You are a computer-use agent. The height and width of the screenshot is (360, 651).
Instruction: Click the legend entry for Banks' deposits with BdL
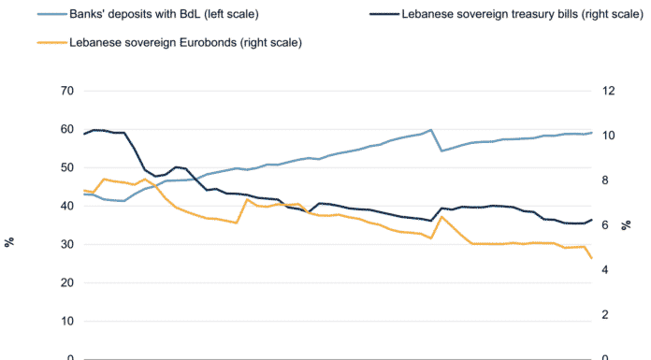[164, 14]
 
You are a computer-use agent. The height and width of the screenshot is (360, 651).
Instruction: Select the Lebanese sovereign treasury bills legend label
[522, 14]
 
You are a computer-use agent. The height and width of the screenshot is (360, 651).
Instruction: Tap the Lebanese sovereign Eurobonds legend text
[185, 43]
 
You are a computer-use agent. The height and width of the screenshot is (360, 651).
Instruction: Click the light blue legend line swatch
[52, 14]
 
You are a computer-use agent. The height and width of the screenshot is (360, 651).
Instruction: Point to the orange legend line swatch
[52, 43]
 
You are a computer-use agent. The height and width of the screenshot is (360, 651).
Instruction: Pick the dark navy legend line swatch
[384, 14]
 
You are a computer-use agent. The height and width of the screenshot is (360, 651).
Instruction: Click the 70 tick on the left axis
[67, 91]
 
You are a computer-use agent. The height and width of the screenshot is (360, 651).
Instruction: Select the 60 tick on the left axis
[67, 129]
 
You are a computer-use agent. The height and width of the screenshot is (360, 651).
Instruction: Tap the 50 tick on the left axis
[67, 167]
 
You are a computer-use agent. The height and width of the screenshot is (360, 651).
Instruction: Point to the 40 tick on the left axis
[67, 206]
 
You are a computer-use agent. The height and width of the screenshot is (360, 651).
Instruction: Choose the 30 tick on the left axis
[67, 244]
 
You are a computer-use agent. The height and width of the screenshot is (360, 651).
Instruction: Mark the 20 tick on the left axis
[67, 282]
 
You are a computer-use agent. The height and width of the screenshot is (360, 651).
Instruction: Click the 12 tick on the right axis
[608, 91]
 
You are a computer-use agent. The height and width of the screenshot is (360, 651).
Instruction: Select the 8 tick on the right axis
[605, 180]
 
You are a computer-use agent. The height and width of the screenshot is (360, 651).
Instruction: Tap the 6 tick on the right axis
[605, 225]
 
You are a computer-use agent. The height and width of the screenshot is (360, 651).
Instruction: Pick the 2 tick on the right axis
[605, 315]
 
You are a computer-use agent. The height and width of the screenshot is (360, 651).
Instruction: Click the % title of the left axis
[9, 242]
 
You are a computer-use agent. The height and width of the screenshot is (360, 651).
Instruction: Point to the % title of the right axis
[626, 225]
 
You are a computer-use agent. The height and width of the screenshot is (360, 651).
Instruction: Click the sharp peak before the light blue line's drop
[431, 130]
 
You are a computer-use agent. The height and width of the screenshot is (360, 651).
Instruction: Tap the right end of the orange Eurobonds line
[591, 258]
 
